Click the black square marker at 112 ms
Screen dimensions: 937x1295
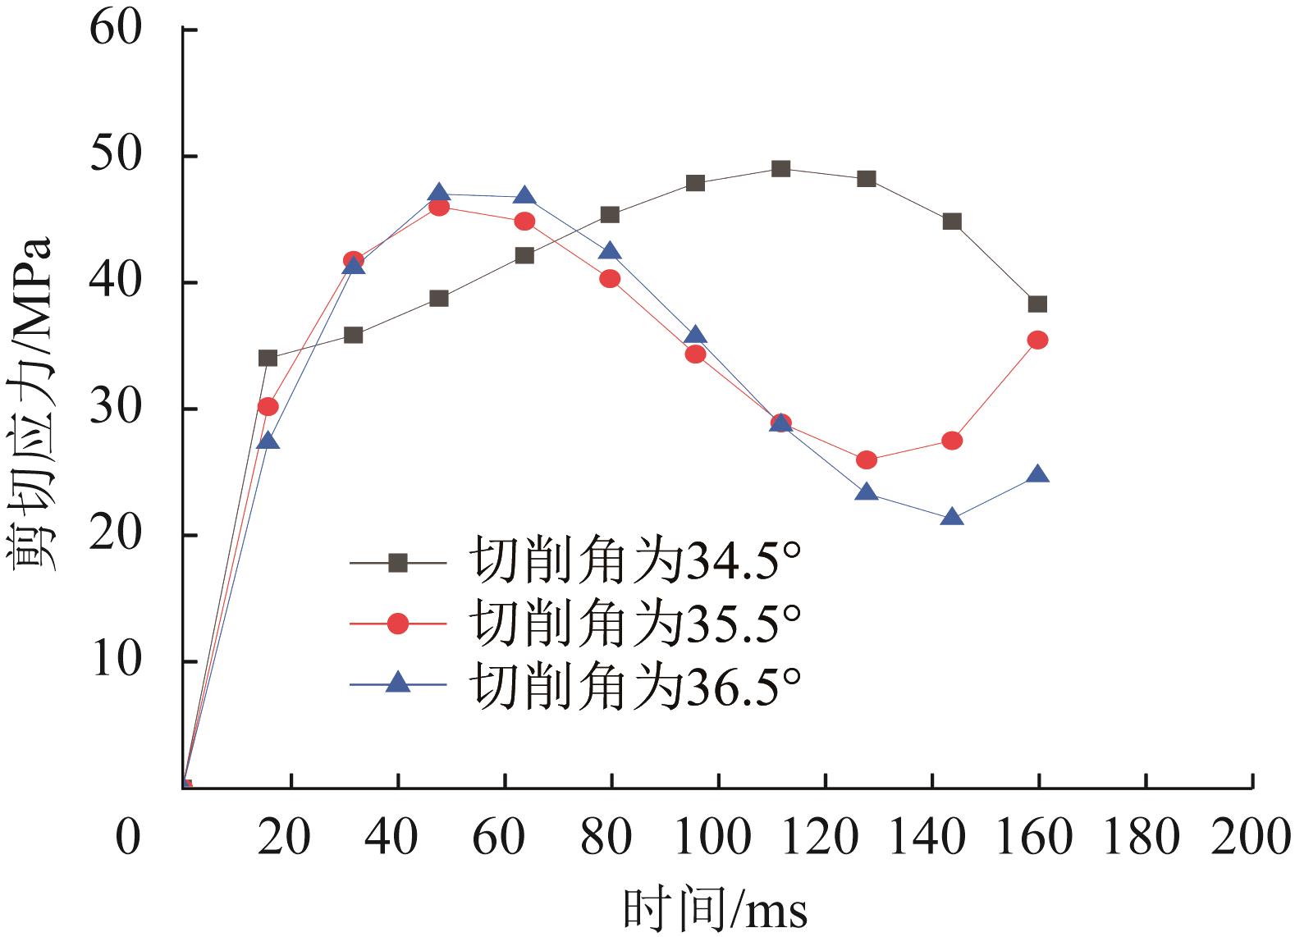tap(780, 169)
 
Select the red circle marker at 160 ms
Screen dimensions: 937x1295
tap(1037, 340)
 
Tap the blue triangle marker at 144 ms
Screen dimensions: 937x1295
tap(952, 517)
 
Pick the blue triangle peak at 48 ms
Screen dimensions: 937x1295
tap(439, 194)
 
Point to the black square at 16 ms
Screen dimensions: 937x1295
tap(268, 358)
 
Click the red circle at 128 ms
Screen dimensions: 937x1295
tap(867, 460)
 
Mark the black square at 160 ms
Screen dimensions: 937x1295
tap(1037, 304)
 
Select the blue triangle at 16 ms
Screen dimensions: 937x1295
tap(268, 441)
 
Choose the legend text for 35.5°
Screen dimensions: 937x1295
tap(634, 624)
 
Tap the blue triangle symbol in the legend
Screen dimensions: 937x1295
tap(398, 683)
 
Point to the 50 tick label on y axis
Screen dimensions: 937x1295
tap(116, 156)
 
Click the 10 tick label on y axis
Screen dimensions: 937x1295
tap(116, 661)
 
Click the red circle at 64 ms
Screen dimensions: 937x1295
tap(524, 222)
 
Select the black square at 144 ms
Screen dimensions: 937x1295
tap(952, 222)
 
